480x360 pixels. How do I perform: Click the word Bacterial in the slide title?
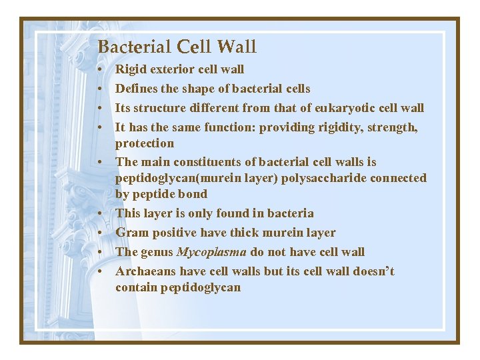pos(134,47)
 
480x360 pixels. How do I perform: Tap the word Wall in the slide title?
pos(237,47)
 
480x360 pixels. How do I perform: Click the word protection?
pos(144,143)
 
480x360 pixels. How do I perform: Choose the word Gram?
pos(131,233)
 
